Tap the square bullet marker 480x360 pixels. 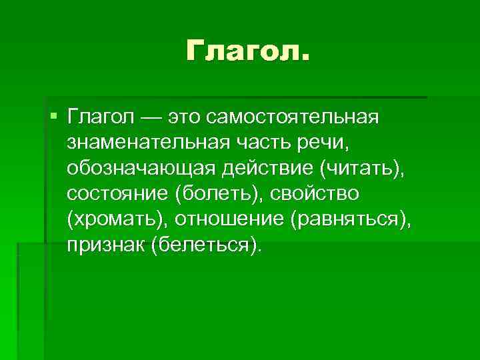[x=53, y=117]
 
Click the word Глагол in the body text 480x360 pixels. [x=99, y=118]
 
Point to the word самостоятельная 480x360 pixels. [x=293, y=118]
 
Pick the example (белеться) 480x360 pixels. [x=207, y=245]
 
